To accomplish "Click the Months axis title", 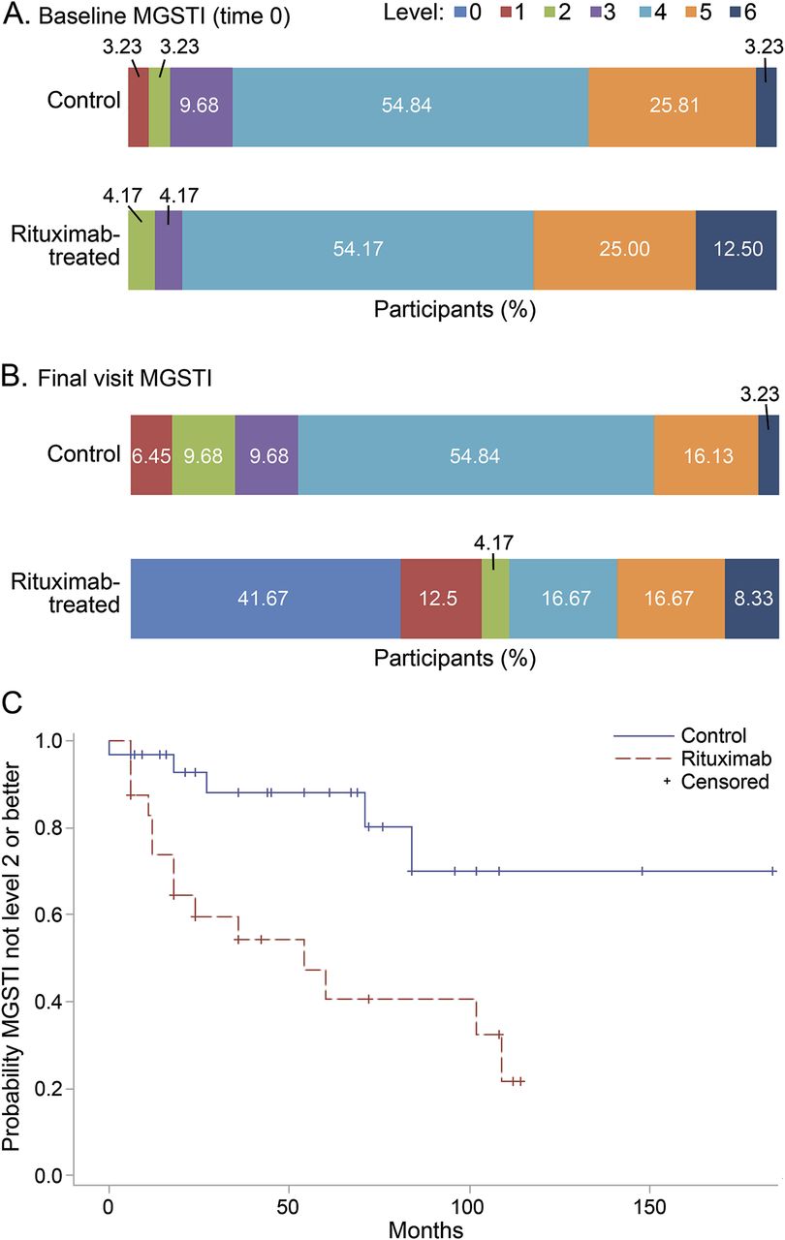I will tap(425, 1228).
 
